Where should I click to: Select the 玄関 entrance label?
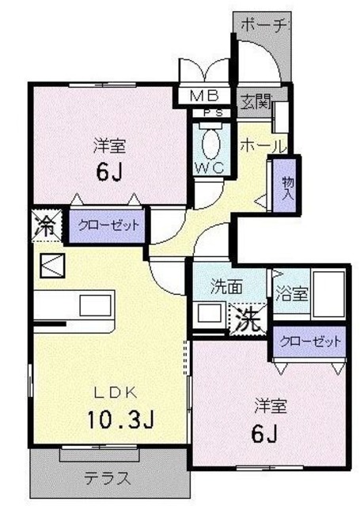(x=254, y=101)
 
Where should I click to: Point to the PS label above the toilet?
(x=213, y=113)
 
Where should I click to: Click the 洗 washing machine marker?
(x=248, y=320)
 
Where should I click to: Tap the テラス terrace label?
(x=108, y=478)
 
